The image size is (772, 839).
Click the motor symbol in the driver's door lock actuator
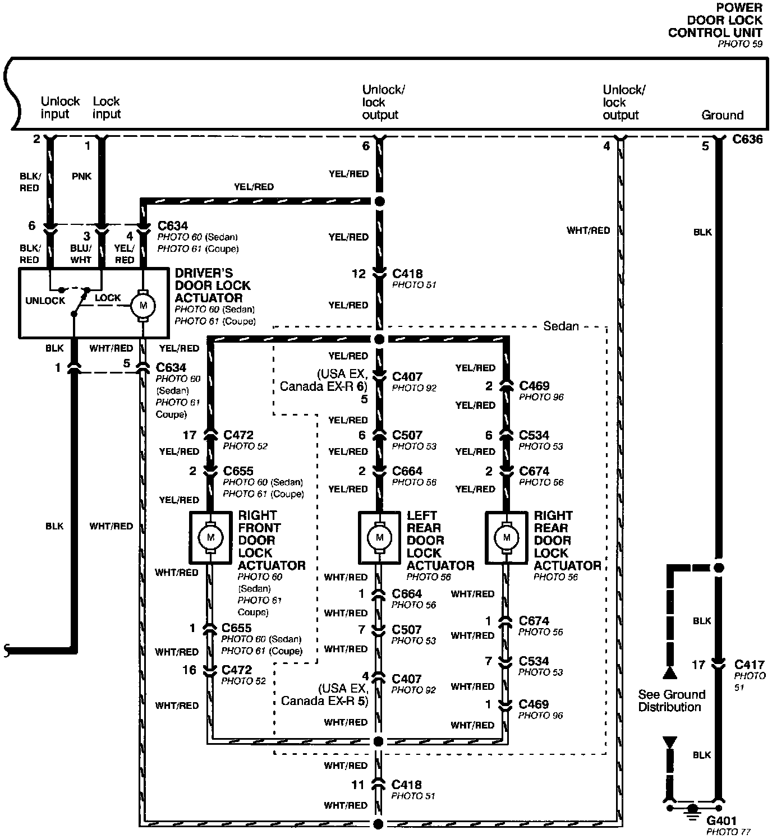pos(143,306)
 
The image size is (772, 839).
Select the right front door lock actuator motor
pos(211,537)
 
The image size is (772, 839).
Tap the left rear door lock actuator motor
pos(380,537)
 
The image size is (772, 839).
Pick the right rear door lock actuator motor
pos(507,537)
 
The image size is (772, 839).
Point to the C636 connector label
pos(747,139)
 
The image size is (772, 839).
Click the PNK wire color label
pos(82,176)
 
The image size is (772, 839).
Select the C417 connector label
pos(749,665)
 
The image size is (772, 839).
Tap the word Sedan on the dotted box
pos(561,326)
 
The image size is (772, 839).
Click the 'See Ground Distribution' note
pos(671,700)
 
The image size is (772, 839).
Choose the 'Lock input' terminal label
pos(107,108)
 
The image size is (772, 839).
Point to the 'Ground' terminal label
pos(722,115)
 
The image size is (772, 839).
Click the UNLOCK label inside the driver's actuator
pos(45,301)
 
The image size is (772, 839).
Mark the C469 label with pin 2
pos(534,386)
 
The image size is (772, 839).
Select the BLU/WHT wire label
pos(81,254)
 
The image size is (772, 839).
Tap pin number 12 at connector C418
pos(359,274)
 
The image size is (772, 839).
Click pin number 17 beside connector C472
pos(190,435)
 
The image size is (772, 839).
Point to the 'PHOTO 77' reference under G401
pos(728,832)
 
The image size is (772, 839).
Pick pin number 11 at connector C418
pos(358,785)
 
